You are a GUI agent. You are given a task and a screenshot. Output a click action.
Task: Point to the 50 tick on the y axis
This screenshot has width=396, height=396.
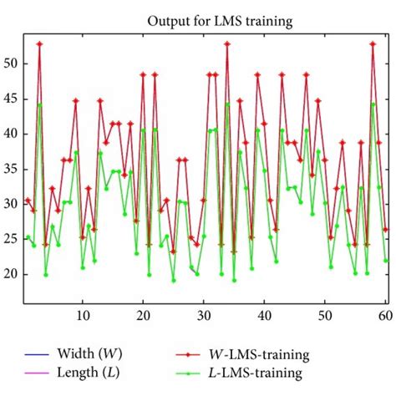(13, 63)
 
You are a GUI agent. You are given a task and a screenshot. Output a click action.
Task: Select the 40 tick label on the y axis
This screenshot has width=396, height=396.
(13, 134)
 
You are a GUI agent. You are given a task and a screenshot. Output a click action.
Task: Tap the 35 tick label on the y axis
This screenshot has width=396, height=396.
(13, 169)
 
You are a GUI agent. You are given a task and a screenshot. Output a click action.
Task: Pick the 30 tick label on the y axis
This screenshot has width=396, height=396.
(13, 204)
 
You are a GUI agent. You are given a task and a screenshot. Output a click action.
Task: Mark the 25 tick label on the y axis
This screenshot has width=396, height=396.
(13, 239)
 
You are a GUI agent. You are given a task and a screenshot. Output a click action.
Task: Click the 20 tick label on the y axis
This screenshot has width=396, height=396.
(13, 274)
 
